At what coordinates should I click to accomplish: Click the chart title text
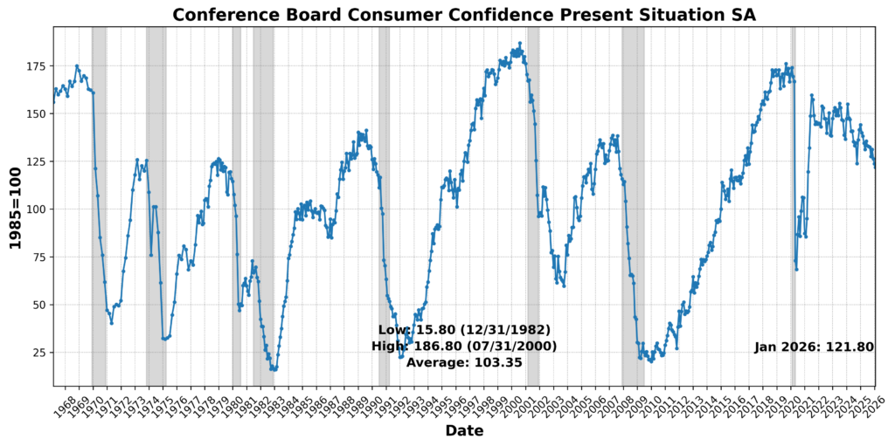(464, 14)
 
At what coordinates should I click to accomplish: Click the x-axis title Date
(464, 431)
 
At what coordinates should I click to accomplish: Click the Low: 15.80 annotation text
(464, 330)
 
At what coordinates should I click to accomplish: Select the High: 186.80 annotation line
(464, 347)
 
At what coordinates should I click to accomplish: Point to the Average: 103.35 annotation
(464, 362)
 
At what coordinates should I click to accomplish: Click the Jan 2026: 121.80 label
(814, 347)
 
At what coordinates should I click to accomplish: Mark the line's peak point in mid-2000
(519, 43)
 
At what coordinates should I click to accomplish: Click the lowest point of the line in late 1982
(273, 369)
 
